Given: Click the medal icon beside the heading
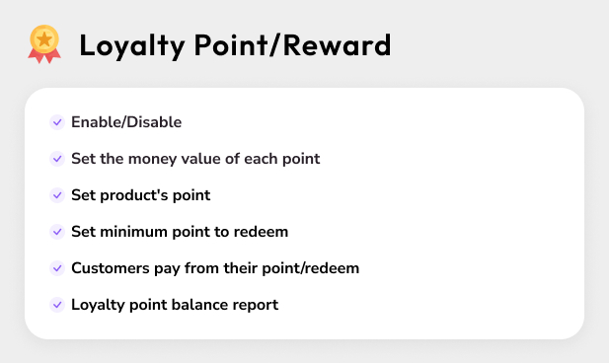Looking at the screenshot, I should coord(43,44).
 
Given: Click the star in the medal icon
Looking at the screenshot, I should coord(43,38).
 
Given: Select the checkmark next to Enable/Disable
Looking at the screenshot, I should coord(57,122).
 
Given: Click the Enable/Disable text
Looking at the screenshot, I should coord(126,122).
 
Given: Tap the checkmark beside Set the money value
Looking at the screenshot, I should coord(57,159).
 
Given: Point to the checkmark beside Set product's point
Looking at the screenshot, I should coord(57,195).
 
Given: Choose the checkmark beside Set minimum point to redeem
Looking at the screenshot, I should coord(57,232).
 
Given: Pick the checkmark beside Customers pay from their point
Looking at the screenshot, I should coord(57,268).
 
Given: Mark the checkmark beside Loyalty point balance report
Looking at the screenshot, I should coord(57,305).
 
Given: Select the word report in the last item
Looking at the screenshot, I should coord(256,305).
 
